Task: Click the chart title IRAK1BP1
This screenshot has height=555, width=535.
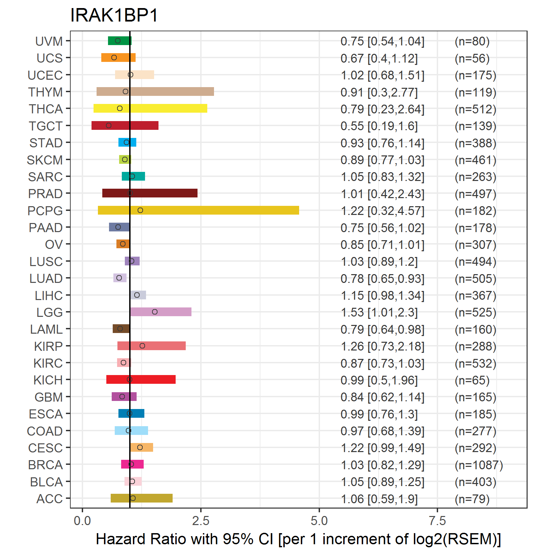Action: [x=114, y=15]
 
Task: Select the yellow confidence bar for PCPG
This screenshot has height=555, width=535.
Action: [x=199, y=210]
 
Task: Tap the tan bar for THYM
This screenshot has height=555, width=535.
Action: [x=155, y=91]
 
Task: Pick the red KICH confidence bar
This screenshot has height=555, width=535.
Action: [x=141, y=379]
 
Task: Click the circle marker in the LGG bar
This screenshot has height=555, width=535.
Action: [x=155, y=312]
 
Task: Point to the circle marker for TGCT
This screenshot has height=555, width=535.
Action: [x=109, y=125]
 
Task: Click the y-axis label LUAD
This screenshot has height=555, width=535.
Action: [x=46, y=279]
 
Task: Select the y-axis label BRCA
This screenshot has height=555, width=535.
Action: [x=45, y=465]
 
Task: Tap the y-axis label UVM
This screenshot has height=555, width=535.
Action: [x=49, y=41]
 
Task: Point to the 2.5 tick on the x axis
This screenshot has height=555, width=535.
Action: [x=201, y=521]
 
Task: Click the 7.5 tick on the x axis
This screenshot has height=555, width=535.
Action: [x=437, y=521]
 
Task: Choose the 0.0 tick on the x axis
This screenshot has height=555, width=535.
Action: [x=82, y=521]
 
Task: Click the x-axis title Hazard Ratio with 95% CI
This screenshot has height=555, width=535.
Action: [x=184, y=539]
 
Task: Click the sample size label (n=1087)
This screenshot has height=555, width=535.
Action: [x=479, y=465]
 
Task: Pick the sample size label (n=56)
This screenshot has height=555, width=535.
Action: [x=472, y=58]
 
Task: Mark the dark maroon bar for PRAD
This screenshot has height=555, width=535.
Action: [x=150, y=193]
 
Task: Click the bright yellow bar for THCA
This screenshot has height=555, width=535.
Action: [x=150, y=108]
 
